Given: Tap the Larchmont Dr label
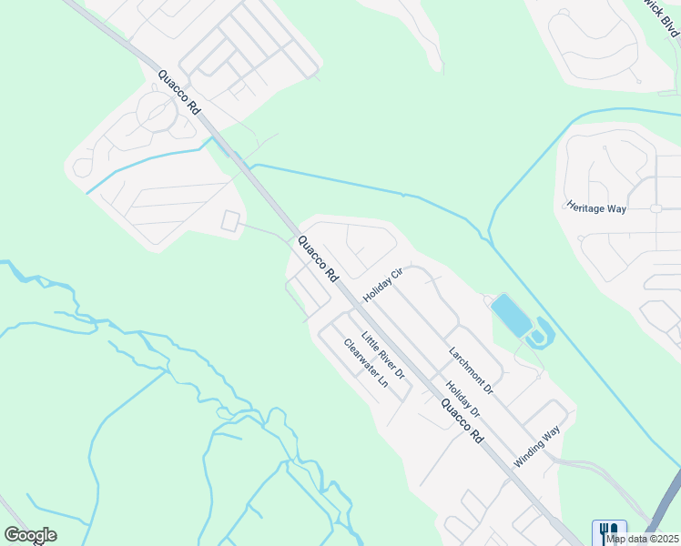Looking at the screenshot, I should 470,370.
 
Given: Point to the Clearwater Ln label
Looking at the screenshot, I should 365,364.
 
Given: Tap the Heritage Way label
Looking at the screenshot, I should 596,207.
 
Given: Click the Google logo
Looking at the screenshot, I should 30,535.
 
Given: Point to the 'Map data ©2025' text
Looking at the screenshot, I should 643,539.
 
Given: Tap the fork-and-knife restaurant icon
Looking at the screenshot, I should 609,531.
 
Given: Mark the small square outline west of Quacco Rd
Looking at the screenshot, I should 231,221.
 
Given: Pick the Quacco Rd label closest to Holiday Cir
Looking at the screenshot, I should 317,258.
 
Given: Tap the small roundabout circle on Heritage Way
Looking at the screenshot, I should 656,208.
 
